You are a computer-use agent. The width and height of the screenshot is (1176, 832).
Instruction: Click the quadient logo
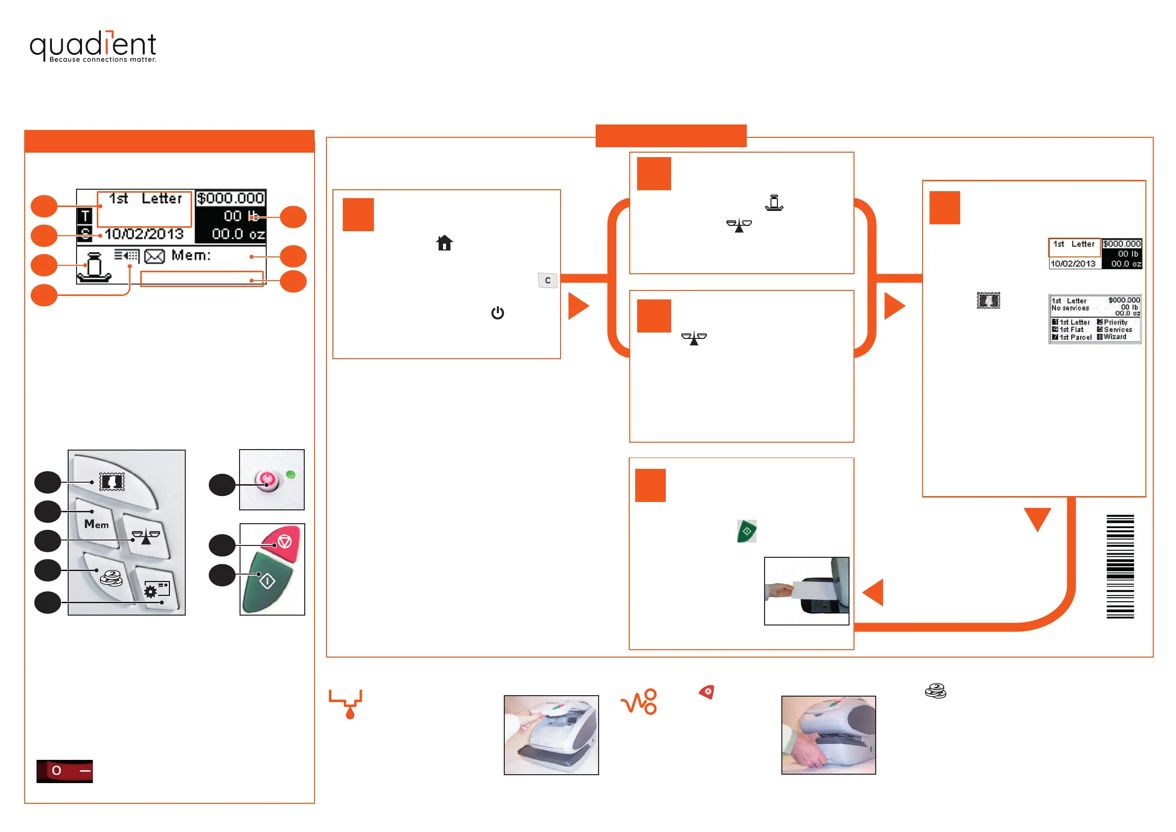(93, 46)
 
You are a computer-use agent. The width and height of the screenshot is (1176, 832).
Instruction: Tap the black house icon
(444, 243)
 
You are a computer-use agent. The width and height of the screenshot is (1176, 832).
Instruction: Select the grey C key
(548, 280)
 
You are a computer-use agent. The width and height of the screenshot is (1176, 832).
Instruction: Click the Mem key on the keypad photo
(97, 524)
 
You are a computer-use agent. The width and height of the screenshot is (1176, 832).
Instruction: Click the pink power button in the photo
(266, 480)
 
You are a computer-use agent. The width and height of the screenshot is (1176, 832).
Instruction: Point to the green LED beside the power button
(290, 475)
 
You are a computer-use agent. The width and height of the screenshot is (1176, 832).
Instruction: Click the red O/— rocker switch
(65, 771)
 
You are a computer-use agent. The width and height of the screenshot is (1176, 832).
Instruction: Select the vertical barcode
(1120, 566)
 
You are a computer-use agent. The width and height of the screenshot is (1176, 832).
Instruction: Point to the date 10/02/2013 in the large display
(144, 234)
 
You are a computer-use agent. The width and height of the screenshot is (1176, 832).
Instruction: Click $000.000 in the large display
(231, 198)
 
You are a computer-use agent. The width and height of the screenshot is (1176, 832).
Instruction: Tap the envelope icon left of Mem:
(154, 255)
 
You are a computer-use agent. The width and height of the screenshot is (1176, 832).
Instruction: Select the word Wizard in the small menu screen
(1115, 337)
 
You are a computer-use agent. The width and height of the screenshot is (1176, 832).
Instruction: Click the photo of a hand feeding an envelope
(806, 591)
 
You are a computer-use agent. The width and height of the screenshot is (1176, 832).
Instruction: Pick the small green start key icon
(747, 531)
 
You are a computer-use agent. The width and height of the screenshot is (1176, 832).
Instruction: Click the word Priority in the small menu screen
(1116, 322)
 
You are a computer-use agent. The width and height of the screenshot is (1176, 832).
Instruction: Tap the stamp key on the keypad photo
(112, 482)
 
